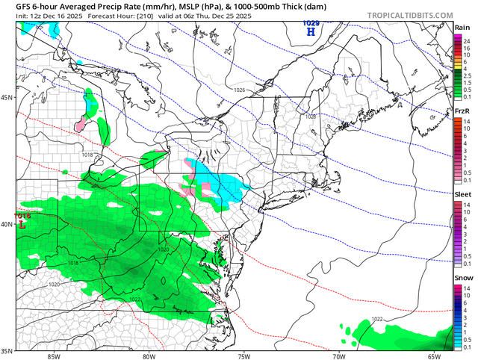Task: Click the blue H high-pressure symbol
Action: click(x=311, y=32)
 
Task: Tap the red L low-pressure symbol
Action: click(x=22, y=224)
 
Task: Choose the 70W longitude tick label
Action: click(x=338, y=356)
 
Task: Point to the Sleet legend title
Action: click(x=462, y=194)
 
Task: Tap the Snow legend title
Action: click(x=462, y=278)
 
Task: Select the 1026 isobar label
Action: click(x=239, y=90)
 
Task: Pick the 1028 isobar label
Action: click(x=310, y=117)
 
